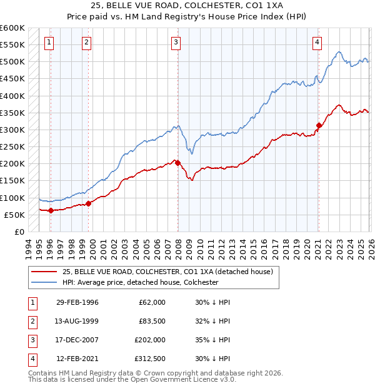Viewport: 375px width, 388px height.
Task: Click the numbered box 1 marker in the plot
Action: pyautogui.click(x=49, y=43)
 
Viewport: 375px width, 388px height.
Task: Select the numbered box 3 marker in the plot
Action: pyautogui.click(x=176, y=43)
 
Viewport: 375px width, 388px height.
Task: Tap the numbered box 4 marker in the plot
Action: pyautogui.click(x=317, y=43)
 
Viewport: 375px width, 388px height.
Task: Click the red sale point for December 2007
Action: pyautogui.click(x=178, y=163)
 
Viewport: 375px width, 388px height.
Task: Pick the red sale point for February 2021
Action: pyautogui.click(x=319, y=125)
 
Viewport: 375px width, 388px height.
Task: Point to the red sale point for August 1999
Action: pyautogui.click(x=89, y=203)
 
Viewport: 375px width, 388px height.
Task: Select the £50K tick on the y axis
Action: pyautogui.click(x=15, y=215)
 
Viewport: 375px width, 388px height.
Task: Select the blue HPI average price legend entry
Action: pyautogui.click(x=140, y=282)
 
